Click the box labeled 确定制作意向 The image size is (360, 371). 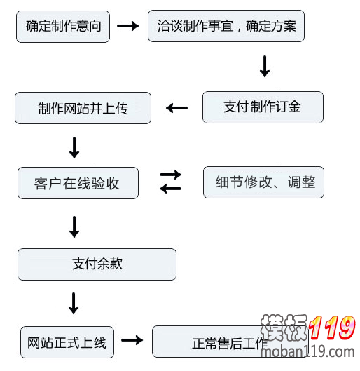click(63, 27)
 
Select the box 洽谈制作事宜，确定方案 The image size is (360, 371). click(226, 26)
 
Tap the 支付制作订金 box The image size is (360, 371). click(263, 107)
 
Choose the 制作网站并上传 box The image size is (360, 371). click(83, 108)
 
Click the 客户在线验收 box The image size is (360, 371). click(78, 183)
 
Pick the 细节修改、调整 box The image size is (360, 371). click(263, 182)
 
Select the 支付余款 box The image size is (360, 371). click(97, 264)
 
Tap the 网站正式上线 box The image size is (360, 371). click(67, 342)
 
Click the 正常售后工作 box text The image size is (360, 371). click(230, 344)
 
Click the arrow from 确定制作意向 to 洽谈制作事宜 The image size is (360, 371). click(127, 26)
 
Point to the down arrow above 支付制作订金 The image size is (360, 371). click(265, 67)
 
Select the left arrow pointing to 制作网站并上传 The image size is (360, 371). click(177, 108)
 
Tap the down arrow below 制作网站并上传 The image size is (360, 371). click(74, 148)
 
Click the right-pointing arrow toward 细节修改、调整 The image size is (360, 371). click(171, 175)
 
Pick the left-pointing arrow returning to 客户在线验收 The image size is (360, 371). click(171, 189)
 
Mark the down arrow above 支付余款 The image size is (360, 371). click(74, 227)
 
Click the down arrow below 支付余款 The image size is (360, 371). click(74, 304)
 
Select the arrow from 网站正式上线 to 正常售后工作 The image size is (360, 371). click(132, 340)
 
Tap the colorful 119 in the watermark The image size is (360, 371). click(332, 328)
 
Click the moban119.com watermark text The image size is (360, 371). click(307, 352)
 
